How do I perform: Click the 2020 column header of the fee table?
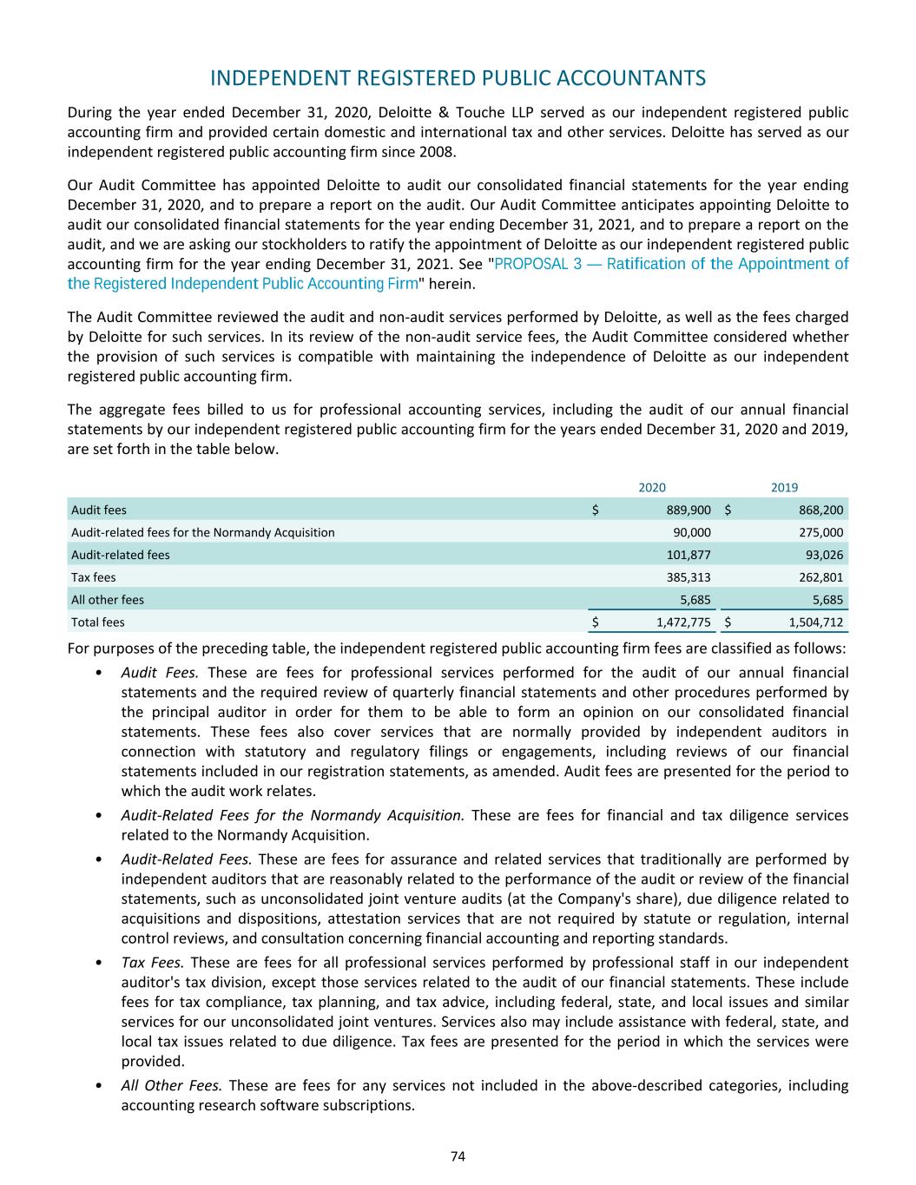click(652, 488)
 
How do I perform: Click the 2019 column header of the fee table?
click(784, 488)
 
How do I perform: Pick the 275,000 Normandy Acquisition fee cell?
click(820, 532)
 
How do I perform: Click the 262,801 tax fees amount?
click(820, 576)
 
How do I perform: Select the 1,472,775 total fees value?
click(683, 622)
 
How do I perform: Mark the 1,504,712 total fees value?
click(815, 622)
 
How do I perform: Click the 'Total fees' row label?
click(97, 622)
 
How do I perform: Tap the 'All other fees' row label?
click(108, 599)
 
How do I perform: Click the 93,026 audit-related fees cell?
click(824, 555)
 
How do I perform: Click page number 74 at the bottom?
click(458, 1155)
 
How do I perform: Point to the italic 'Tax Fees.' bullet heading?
click(152, 963)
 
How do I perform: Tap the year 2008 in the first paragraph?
click(437, 152)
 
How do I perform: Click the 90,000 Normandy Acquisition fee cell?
click(692, 532)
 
